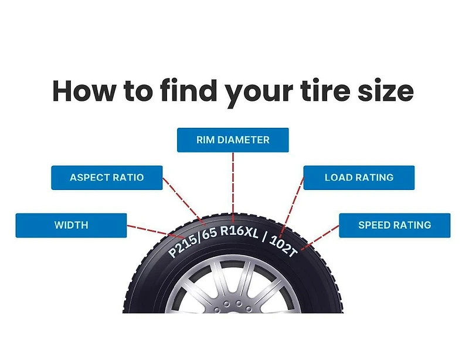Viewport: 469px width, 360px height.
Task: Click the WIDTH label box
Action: tap(71, 225)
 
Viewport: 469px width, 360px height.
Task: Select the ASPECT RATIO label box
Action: tap(107, 178)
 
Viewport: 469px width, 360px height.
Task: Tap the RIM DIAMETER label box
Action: tap(233, 140)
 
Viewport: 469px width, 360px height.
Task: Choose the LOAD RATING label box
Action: tap(359, 178)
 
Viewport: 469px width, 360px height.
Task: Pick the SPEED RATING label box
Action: tap(395, 225)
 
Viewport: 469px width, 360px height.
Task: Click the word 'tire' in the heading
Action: tap(327, 90)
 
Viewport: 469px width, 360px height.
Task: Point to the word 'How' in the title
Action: tap(84, 91)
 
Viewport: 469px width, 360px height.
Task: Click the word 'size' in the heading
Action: tap(386, 91)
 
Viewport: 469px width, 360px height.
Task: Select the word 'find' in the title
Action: tap(189, 90)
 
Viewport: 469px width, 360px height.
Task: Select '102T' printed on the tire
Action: tap(283, 246)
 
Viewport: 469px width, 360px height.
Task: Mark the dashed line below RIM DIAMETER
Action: tap(233, 183)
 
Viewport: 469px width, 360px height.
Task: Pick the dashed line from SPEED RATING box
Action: tap(320, 237)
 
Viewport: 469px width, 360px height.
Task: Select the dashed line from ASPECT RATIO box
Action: tap(184, 201)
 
